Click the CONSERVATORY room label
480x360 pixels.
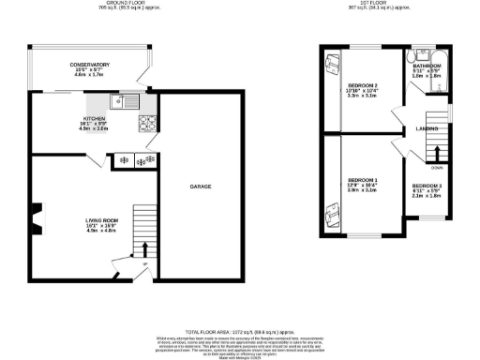pos(89,64)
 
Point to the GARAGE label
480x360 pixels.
pos(201,187)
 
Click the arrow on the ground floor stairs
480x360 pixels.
pos(145,248)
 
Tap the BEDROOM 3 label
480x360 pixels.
pos(427,186)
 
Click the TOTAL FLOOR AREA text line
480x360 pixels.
pos(239,333)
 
